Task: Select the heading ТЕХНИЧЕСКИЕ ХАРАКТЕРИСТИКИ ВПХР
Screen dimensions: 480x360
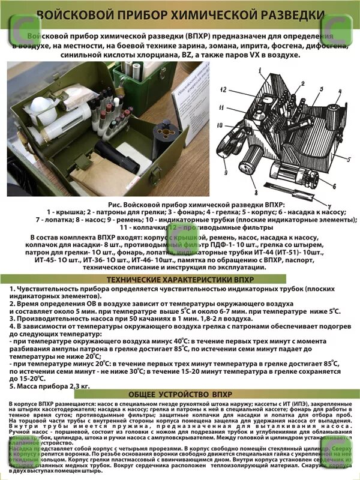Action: point(180,280)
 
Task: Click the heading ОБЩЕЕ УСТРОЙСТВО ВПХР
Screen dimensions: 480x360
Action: point(180,394)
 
